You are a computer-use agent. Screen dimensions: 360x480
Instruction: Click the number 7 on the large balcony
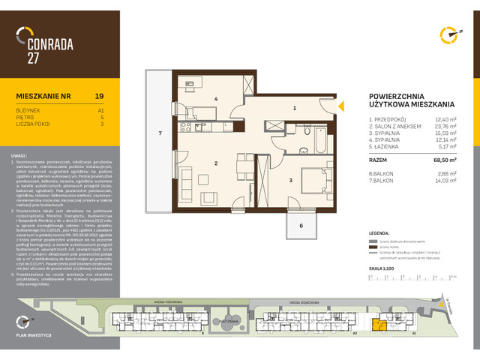pyautogui.click(x=160, y=133)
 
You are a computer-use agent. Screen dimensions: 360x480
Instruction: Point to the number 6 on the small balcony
pyautogui.click(x=302, y=225)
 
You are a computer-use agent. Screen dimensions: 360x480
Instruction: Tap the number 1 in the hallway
pyautogui.click(x=295, y=109)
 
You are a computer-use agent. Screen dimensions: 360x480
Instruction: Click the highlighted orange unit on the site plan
pyautogui.click(x=381, y=325)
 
